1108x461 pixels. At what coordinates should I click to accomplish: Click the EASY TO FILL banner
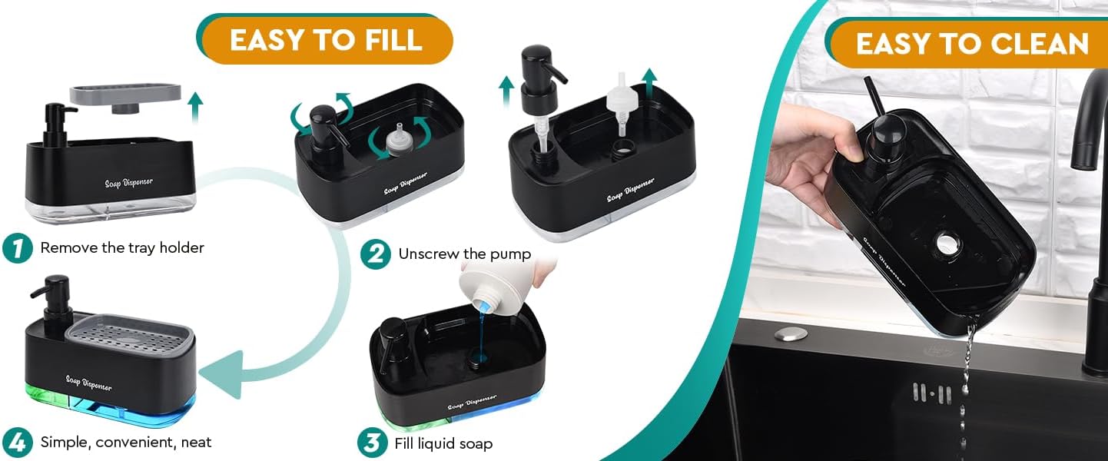326,39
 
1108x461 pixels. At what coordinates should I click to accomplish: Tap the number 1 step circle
17,248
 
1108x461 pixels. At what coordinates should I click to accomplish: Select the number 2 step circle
375,254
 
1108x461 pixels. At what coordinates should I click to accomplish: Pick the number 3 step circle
372,443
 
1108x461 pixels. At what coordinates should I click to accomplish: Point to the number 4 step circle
17,442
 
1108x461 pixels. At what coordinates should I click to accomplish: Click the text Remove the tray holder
122,248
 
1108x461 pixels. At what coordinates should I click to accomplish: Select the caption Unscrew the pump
464,254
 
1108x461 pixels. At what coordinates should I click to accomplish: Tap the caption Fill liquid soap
443,443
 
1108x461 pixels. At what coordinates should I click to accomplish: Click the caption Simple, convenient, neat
125,442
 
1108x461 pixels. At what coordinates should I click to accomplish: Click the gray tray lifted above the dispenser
125,95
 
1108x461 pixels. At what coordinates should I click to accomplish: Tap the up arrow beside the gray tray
195,106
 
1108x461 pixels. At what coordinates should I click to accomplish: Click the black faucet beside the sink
1091,192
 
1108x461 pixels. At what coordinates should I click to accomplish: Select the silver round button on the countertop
791,333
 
